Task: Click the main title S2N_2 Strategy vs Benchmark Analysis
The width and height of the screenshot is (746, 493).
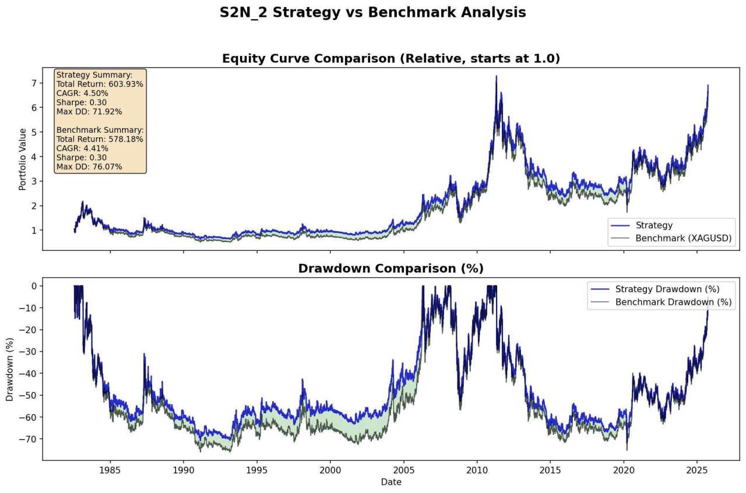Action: (x=372, y=13)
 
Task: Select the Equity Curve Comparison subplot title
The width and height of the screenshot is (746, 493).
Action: (x=390, y=59)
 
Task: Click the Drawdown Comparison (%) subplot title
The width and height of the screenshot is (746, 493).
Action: (x=390, y=268)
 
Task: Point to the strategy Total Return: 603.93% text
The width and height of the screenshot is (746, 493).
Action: (x=100, y=84)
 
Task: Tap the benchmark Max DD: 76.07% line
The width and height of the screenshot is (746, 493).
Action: (x=89, y=167)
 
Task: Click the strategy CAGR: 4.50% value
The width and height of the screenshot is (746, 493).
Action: (x=82, y=93)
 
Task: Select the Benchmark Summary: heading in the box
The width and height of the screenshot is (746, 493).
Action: (x=100, y=130)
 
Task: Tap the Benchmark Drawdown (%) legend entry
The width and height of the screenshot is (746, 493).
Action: (x=673, y=302)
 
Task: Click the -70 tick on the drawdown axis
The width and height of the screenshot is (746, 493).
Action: (x=27, y=439)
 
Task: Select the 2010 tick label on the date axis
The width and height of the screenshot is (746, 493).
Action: (x=477, y=470)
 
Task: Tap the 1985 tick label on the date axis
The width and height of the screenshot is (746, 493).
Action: (x=110, y=470)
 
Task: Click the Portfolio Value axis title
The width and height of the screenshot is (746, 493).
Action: (x=23, y=159)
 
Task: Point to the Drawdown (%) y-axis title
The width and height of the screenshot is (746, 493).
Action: (x=10, y=369)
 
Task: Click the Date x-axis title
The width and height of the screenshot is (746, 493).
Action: (x=390, y=482)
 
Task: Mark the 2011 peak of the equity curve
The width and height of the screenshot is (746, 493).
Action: (x=496, y=76)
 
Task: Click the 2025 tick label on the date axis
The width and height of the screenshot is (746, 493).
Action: (x=697, y=470)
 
